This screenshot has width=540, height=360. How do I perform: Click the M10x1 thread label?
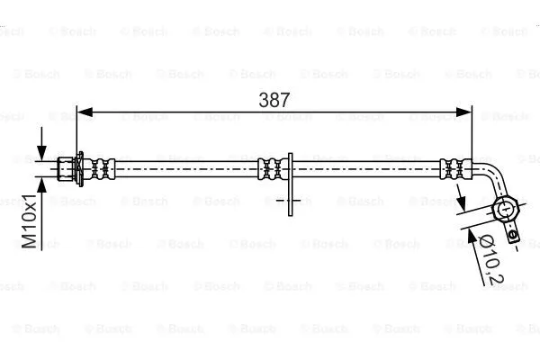(30, 220)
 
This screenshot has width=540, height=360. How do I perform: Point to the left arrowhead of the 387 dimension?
(83, 112)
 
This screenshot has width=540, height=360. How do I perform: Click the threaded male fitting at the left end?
(64, 168)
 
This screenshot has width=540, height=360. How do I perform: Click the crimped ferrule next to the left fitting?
(103, 168)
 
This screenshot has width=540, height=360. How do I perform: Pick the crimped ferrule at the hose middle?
(268, 168)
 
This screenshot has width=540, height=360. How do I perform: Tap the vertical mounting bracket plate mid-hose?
(289, 184)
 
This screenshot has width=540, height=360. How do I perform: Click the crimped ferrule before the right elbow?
(454, 168)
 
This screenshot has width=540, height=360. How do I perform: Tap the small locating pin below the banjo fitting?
(511, 236)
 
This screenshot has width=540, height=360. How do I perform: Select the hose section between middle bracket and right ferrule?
(369, 168)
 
